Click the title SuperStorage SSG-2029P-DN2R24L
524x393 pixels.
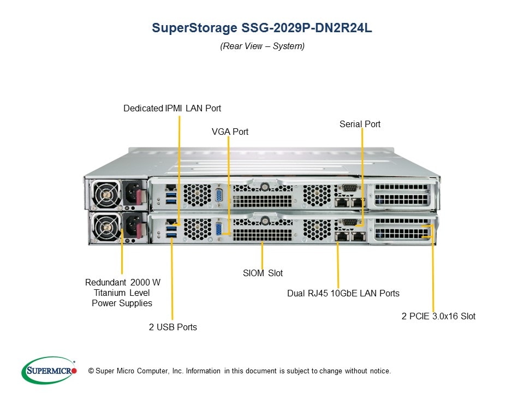click(262, 28)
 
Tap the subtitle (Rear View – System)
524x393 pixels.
click(262, 46)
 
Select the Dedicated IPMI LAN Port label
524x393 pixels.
click(172, 108)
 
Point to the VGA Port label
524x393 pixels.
click(230, 132)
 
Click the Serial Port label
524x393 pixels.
click(360, 124)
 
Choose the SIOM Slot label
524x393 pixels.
click(263, 273)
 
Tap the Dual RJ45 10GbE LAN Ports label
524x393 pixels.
click(343, 293)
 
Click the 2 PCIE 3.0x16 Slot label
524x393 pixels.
click(438, 316)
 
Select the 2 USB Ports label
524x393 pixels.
click(172, 327)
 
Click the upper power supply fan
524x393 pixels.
click(105, 194)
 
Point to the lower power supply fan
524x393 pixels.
click(105, 227)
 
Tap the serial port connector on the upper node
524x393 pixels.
click(348, 188)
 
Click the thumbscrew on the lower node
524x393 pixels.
click(264, 221)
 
